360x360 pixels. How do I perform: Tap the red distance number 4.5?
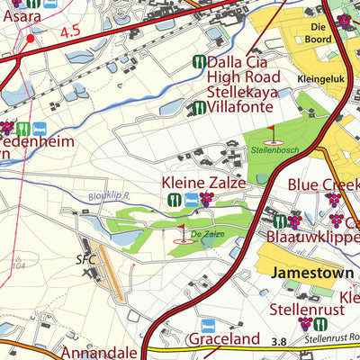[x=71, y=32]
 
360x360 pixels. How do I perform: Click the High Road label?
[x=244, y=78]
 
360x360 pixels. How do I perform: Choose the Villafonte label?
[x=243, y=108]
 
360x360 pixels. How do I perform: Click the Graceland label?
[x=223, y=340]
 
